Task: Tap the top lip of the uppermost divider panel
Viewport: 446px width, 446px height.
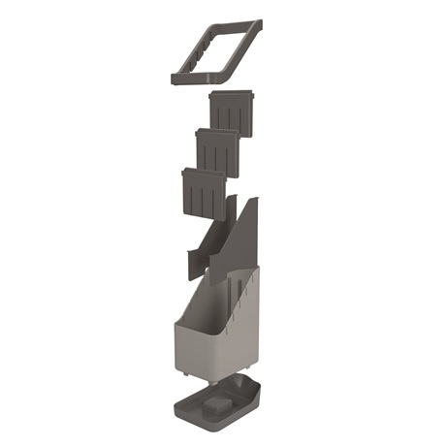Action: tap(232, 94)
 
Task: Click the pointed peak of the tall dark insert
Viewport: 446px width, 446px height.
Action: tap(255, 201)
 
